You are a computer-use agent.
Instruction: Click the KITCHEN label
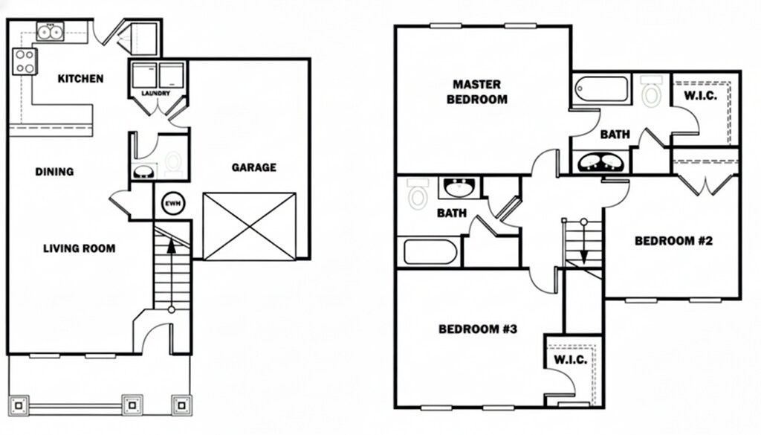pos(80,79)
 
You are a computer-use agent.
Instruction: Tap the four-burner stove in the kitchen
pos(24,62)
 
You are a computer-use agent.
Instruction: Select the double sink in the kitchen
pos(51,31)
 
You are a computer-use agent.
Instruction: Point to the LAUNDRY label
pos(155,94)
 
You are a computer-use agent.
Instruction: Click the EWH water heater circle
pos(172,204)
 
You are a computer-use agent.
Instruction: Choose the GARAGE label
pos(253,167)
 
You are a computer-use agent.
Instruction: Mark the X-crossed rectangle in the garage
pos(249,226)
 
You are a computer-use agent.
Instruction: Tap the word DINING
pos(54,172)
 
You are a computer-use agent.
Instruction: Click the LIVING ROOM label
pos(79,248)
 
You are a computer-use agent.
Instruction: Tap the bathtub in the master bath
pos(601,91)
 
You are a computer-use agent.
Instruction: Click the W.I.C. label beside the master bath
pos(700,97)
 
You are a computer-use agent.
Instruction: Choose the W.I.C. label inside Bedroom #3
pos(571,360)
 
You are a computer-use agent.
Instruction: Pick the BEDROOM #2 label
pos(673,241)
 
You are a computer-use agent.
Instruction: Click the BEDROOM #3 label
pos(477,329)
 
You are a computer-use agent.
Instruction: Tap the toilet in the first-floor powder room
pos(172,164)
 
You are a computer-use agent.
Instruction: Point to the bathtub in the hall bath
pos(430,251)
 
